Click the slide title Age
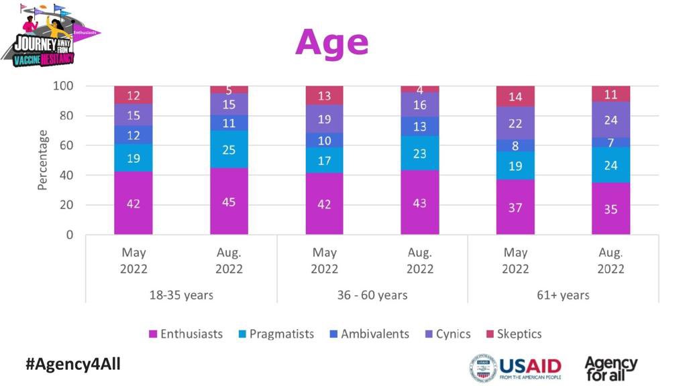(331, 42)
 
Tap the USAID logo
(515, 368)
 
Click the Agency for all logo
(611, 368)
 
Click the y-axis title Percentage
(43, 160)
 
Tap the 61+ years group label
(563, 295)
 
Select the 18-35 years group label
(181, 295)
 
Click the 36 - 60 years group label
(372, 295)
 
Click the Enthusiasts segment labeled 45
(229, 201)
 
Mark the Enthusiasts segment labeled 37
(515, 207)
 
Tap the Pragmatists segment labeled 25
(229, 149)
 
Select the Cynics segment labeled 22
(515, 123)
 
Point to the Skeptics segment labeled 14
(515, 96)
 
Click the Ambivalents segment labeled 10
(325, 140)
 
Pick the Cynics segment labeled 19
(325, 119)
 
